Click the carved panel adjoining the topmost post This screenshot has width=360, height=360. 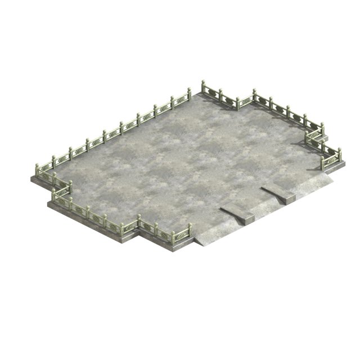212,93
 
